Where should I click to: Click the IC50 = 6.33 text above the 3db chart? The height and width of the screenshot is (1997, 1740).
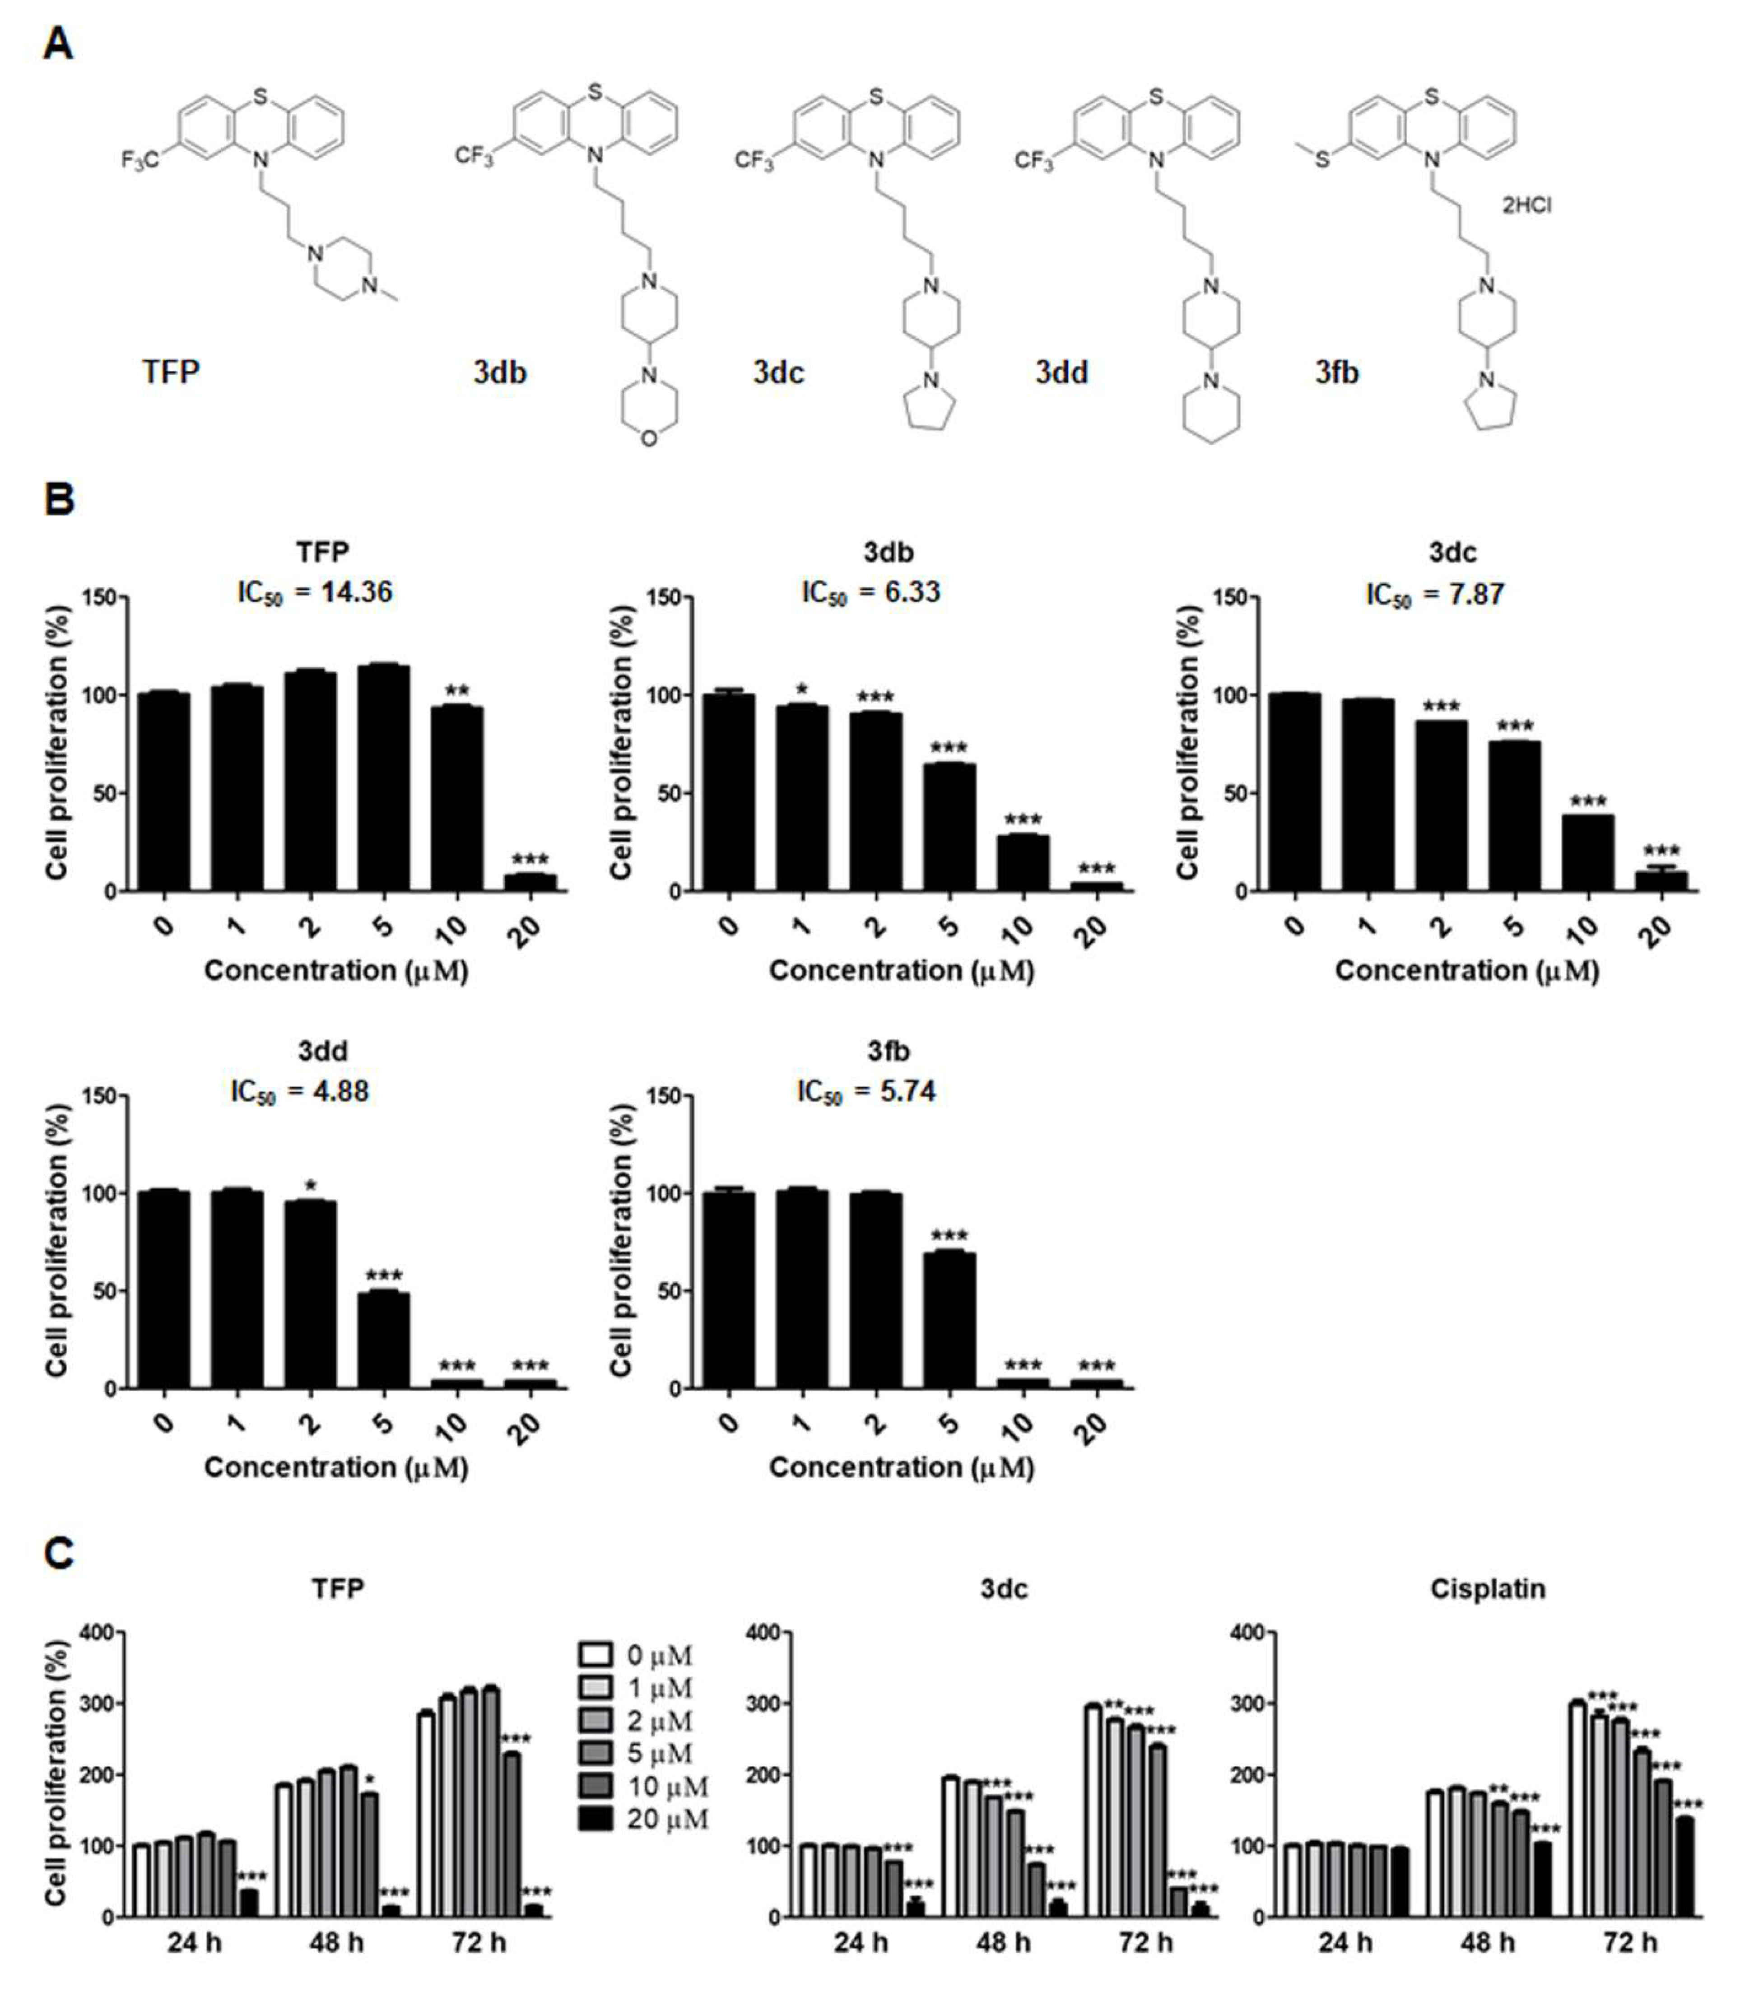click(x=871, y=592)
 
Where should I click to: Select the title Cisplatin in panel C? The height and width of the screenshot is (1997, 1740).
click(x=1488, y=1589)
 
